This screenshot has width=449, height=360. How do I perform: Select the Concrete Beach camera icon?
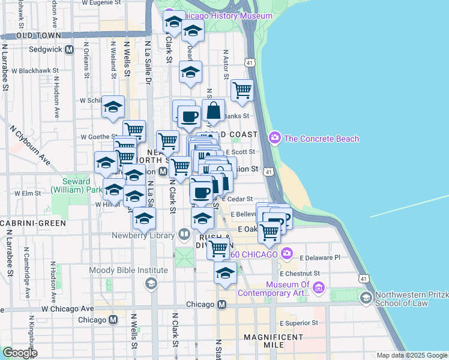275,139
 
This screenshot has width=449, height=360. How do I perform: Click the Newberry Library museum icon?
184,234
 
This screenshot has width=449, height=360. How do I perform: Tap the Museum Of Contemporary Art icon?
318,289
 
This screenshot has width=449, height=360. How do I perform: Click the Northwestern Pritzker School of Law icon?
365,298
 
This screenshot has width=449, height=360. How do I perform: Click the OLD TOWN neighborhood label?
40,36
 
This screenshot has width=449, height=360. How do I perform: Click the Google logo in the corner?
19,353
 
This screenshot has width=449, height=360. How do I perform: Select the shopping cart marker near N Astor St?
242,90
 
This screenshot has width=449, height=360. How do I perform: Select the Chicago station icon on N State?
221,305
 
